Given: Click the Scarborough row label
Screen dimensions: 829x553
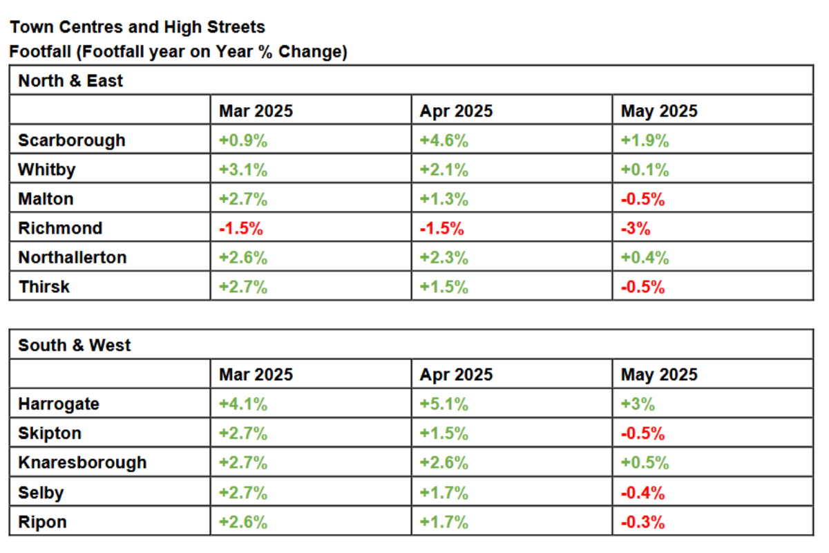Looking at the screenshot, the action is [x=72, y=141].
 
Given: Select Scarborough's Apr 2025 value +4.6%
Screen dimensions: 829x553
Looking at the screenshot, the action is [x=444, y=140].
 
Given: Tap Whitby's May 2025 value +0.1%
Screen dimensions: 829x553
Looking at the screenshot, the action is [x=645, y=169].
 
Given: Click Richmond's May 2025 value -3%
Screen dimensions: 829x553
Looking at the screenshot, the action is [x=636, y=228].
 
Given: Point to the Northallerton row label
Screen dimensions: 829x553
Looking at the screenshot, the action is [x=73, y=257].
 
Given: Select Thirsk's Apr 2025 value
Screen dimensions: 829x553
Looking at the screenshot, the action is [x=444, y=287].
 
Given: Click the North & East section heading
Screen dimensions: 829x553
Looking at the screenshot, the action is [x=70, y=81].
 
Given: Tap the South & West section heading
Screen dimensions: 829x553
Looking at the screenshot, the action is [x=75, y=345].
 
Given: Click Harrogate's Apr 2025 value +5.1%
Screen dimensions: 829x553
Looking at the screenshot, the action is [x=444, y=404].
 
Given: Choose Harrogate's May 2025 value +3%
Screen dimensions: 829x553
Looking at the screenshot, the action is [x=638, y=404].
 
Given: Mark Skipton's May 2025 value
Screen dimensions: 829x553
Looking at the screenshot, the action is [x=643, y=433].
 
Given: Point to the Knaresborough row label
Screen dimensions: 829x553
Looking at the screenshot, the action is [x=82, y=463].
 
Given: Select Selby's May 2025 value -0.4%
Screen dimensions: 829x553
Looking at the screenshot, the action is [x=643, y=493].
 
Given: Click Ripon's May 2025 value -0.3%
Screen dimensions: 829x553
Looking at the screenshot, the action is [x=643, y=522].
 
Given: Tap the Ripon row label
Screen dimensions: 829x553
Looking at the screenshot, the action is [x=43, y=523].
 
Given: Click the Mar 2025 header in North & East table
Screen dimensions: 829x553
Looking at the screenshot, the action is [x=256, y=111].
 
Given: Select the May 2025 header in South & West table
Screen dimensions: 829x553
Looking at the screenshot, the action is [x=659, y=375].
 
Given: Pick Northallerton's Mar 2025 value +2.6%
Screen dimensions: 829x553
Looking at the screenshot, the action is [x=242, y=257].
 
